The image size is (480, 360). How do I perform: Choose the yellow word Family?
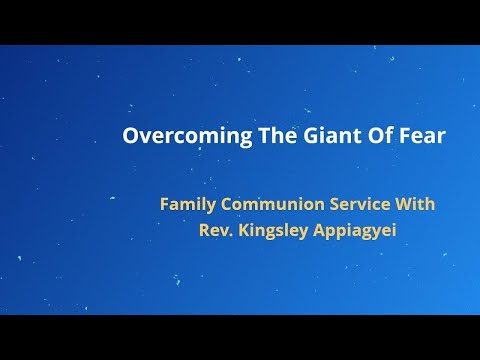(188, 204)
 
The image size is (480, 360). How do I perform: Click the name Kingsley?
(279, 228)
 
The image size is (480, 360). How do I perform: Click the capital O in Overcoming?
(130, 136)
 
